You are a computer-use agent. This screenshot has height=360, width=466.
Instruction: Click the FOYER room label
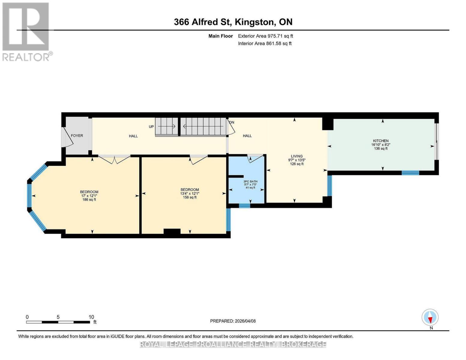point(77,136)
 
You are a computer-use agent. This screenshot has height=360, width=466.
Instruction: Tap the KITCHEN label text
point(381,141)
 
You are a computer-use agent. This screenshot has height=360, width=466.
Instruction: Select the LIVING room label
point(297,156)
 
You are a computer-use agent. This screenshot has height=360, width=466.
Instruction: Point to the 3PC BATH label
point(250,181)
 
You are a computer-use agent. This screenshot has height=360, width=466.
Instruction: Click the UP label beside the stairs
point(151,127)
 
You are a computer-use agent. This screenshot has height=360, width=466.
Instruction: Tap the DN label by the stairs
point(231,122)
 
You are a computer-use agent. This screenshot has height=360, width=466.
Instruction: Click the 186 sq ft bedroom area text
point(89,199)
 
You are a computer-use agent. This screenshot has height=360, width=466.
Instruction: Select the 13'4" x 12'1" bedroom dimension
point(189,193)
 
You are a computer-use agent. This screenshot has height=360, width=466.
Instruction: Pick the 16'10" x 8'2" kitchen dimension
point(381,145)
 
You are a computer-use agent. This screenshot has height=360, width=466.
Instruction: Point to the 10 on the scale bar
point(91,317)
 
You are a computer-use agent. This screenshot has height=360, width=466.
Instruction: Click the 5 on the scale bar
point(58,317)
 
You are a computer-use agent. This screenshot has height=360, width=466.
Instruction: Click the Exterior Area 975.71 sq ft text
point(265,36)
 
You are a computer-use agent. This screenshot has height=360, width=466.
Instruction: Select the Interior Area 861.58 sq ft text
point(265,43)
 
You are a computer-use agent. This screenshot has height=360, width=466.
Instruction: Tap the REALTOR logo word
point(26,57)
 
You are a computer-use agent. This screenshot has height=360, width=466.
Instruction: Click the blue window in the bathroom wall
point(244,205)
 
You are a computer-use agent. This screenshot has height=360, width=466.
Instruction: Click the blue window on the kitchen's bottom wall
point(410,173)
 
